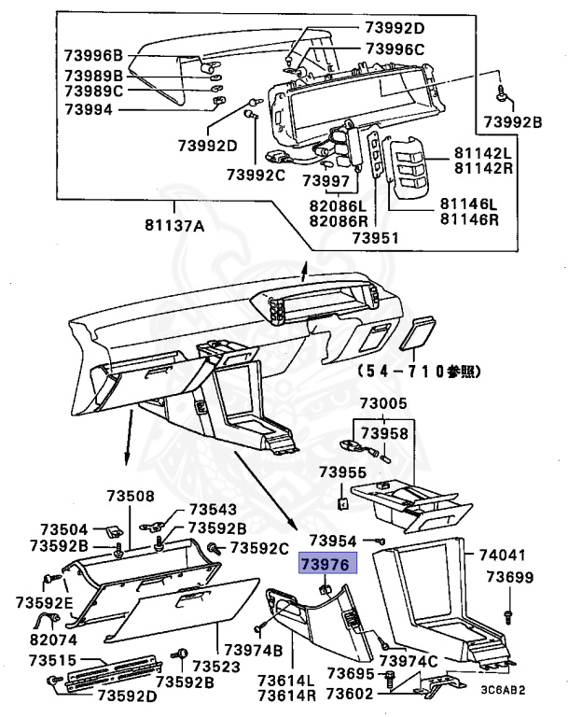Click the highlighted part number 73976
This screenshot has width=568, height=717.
point(324,564)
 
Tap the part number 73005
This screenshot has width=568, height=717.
point(384,404)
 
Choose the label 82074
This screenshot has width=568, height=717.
point(52,640)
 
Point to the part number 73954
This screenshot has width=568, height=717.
point(333,541)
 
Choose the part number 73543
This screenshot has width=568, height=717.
point(213,510)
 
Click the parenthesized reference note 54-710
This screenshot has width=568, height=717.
point(417,371)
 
